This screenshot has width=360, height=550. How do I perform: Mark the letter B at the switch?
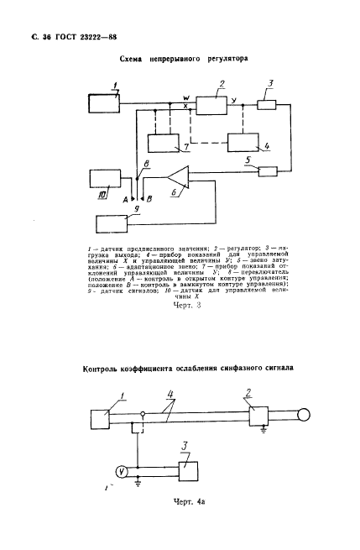[x=149, y=200]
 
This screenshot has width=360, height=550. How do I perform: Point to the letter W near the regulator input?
[x=185, y=97]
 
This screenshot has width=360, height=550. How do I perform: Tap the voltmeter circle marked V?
[x=121, y=472]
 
